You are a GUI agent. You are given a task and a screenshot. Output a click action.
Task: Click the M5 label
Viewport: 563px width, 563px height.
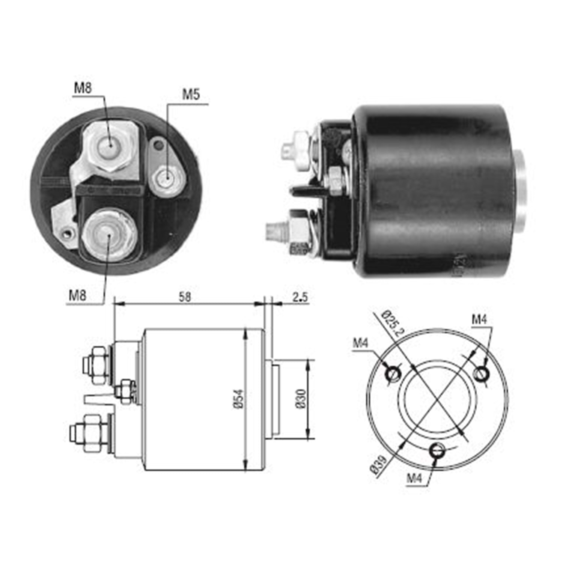click(x=191, y=95)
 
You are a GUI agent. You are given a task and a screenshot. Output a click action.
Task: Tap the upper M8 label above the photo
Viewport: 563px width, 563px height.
click(x=83, y=89)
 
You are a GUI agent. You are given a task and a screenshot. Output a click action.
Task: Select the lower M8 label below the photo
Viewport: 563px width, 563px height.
click(x=77, y=295)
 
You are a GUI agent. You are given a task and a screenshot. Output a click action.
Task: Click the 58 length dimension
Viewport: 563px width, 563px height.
click(x=185, y=297)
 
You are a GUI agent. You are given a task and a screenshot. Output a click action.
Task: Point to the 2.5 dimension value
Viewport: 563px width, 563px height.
click(x=300, y=297)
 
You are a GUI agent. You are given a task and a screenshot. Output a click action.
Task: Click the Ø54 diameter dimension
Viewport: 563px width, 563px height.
click(x=241, y=399)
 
